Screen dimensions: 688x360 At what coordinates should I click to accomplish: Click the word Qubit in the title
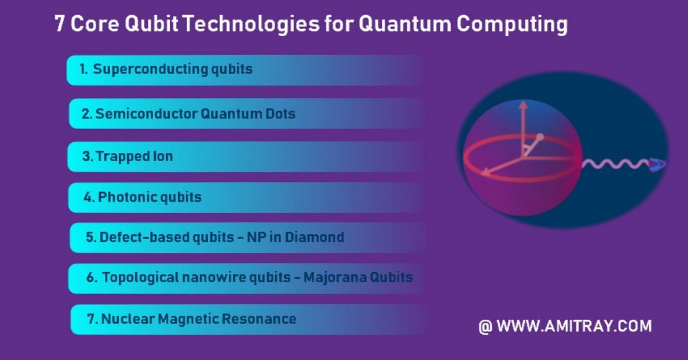click(x=151, y=24)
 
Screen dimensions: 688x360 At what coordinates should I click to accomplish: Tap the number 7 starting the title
click(x=60, y=24)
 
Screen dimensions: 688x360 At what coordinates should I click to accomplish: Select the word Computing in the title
click(x=512, y=25)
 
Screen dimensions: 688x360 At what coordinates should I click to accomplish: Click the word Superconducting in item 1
click(x=150, y=69)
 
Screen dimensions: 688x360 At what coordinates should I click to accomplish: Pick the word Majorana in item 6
click(x=334, y=277)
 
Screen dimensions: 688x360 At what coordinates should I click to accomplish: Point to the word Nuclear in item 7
click(x=128, y=319)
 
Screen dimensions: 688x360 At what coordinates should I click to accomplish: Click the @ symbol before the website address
click(x=485, y=326)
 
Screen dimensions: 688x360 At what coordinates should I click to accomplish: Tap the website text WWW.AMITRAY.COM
click(x=574, y=326)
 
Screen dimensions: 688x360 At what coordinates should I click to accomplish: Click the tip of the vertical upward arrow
click(x=523, y=101)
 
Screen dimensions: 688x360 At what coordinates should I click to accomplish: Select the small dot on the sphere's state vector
click(x=540, y=136)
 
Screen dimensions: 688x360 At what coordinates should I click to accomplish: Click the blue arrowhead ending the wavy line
click(x=658, y=165)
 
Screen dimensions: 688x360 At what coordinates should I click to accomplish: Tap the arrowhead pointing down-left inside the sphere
click(x=484, y=173)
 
